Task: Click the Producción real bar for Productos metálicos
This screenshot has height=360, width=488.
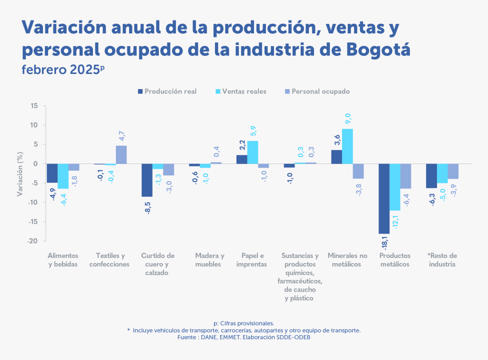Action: click(x=384, y=198)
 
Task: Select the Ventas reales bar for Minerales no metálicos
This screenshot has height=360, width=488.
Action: click(x=347, y=146)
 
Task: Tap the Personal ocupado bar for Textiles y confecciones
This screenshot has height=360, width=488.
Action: click(x=121, y=155)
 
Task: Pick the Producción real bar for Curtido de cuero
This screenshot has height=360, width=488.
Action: click(x=147, y=180)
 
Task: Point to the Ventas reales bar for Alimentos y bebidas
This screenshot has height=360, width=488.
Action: click(x=63, y=176)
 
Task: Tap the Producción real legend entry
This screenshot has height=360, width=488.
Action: click(x=166, y=92)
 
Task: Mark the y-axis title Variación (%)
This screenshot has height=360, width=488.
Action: click(x=20, y=173)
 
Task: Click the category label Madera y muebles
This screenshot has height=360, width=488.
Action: click(x=210, y=260)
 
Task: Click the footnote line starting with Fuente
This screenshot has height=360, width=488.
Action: click(x=244, y=337)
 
